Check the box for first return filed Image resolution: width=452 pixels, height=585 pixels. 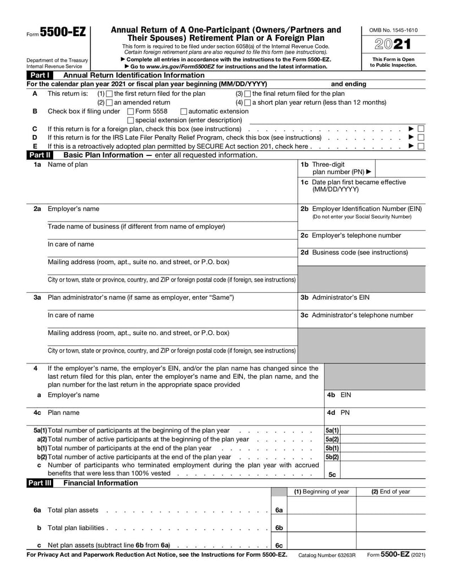[x=110, y=94]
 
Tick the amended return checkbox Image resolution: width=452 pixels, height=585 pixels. [x=110, y=103]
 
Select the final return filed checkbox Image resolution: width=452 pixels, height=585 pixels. [x=247, y=94]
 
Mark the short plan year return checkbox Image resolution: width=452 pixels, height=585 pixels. [x=247, y=103]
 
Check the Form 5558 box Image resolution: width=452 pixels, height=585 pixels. [x=131, y=111]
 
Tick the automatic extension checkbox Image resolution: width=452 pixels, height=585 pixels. [x=183, y=111]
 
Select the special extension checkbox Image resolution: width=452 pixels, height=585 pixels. [x=131, y=120]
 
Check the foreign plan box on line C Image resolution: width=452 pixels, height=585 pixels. [x=421, y=129]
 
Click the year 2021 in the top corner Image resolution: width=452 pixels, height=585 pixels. [x=393, y=45]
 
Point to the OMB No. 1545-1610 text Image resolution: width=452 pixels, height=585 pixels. [x=393, y=29]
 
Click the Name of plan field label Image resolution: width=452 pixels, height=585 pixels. [x=68, y=164]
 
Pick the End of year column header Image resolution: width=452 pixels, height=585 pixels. [x=390, y=492]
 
